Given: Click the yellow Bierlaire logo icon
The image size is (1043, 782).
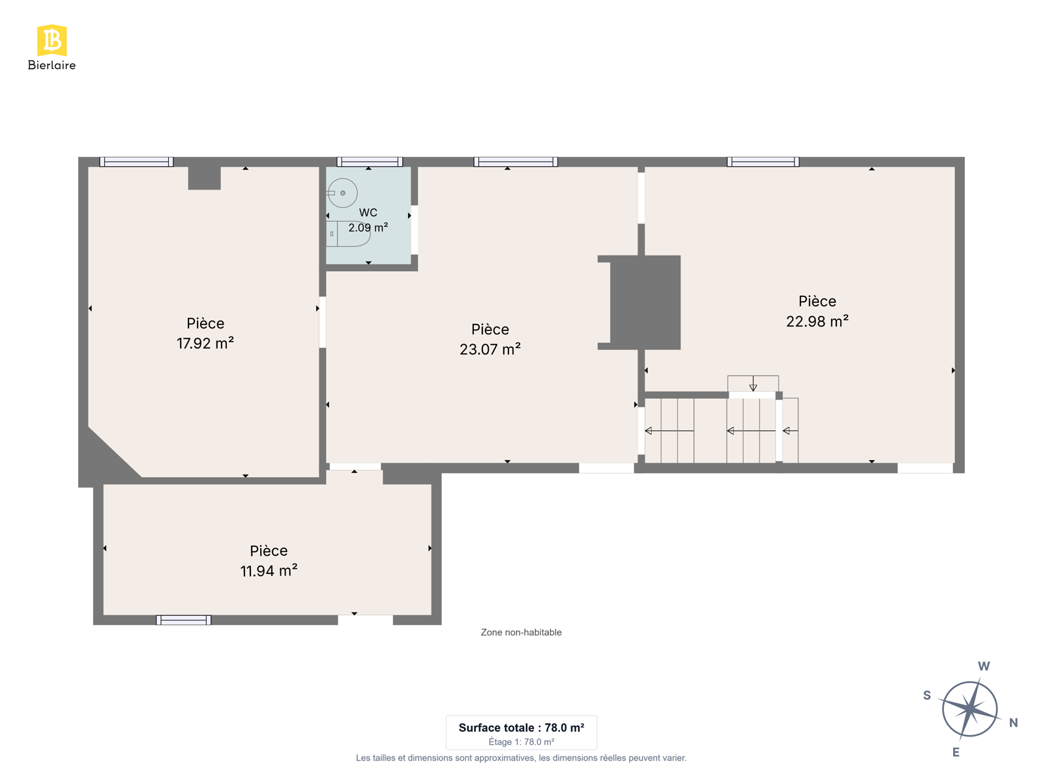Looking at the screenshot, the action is tap(51, 40).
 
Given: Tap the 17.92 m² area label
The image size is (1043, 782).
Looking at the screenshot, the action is tap(205, 343).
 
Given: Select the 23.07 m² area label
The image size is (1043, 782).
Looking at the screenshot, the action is tap(490, 349).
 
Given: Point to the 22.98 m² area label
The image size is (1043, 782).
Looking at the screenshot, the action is tap(817, 321).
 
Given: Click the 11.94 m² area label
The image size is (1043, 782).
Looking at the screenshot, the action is tap(269, 571).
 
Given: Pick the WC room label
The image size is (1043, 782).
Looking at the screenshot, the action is tap(368, 212).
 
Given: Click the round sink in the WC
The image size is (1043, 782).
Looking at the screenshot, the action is tap(342, 193).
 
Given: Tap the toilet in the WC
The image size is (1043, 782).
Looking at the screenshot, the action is tap(348, 233).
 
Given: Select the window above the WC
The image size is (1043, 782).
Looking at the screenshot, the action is tap(370, 162).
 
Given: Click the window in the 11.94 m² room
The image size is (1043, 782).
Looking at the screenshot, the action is tap(183, 620).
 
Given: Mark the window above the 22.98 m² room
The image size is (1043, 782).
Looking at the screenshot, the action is tap(763, 162).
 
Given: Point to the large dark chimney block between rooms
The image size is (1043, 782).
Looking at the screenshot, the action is tap(644, 302).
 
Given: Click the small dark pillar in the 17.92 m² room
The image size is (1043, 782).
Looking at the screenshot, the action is tap(204, 178).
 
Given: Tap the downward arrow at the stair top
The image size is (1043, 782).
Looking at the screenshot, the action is tap(753, 384).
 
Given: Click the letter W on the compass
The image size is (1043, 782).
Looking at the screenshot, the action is tap(984, 666).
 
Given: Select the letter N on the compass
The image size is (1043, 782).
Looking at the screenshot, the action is tap(1013, 723).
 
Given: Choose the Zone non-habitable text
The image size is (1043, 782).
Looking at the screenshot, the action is tap(521, 632).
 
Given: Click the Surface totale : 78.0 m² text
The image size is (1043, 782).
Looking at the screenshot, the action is tap(521, 727).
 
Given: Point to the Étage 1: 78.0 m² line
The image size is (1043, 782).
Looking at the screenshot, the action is tap(521, 742).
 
